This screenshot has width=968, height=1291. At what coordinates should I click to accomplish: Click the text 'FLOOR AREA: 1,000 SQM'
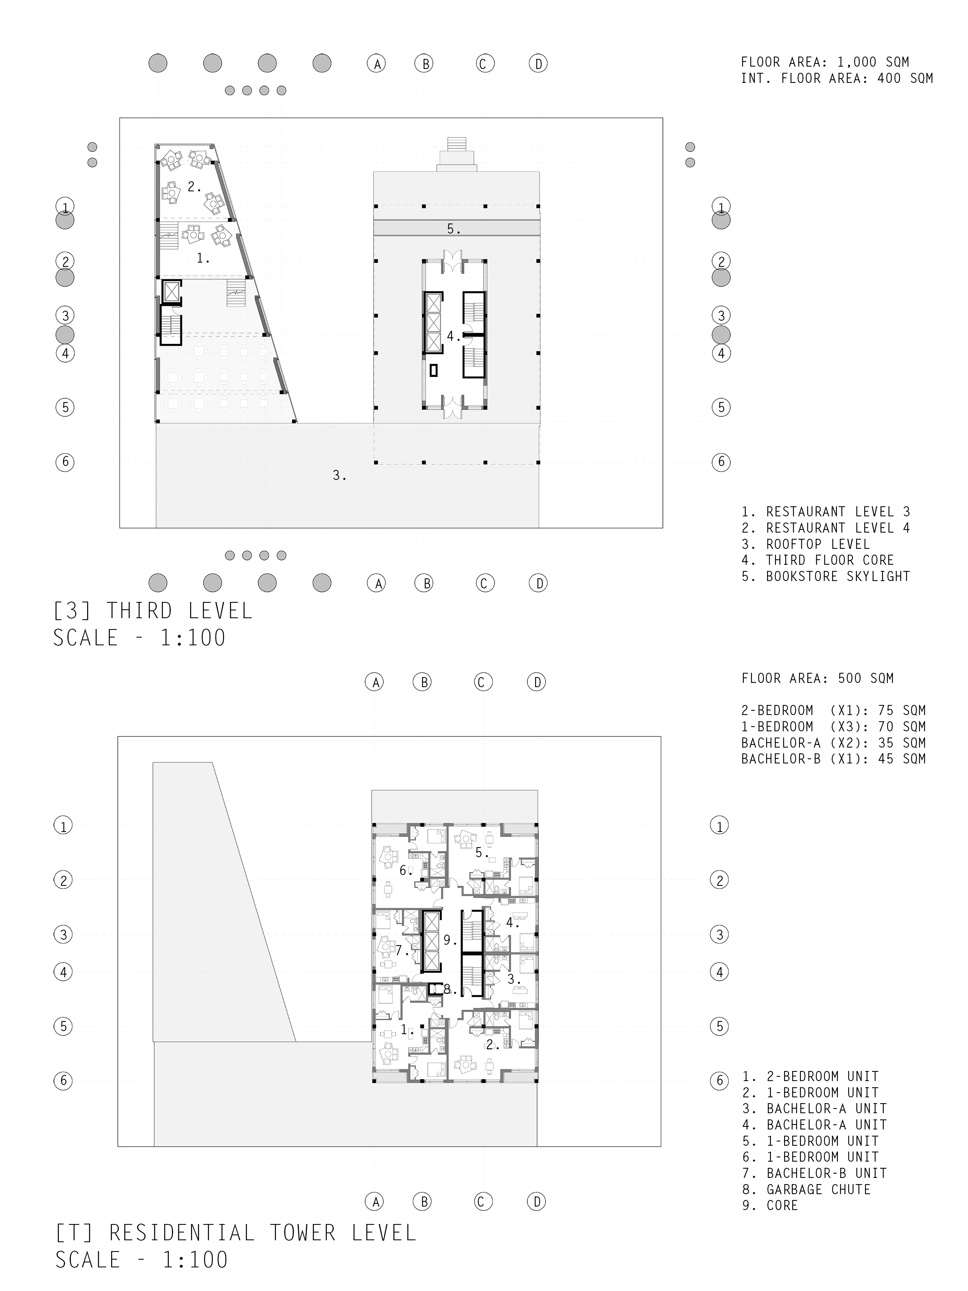click(824, 62)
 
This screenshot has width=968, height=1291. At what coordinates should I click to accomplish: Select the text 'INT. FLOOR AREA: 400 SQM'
click(837, 78)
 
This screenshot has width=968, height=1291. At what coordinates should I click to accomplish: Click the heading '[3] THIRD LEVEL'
click(153, 611)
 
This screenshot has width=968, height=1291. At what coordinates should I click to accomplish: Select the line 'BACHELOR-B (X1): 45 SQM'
click(833, 759)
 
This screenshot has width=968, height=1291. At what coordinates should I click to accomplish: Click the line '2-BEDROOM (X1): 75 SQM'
click(833, 710)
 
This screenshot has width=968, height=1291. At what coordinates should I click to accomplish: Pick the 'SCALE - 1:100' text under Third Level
click(139, 638)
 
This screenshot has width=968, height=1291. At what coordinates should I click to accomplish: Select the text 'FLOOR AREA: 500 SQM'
click(817, 678)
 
